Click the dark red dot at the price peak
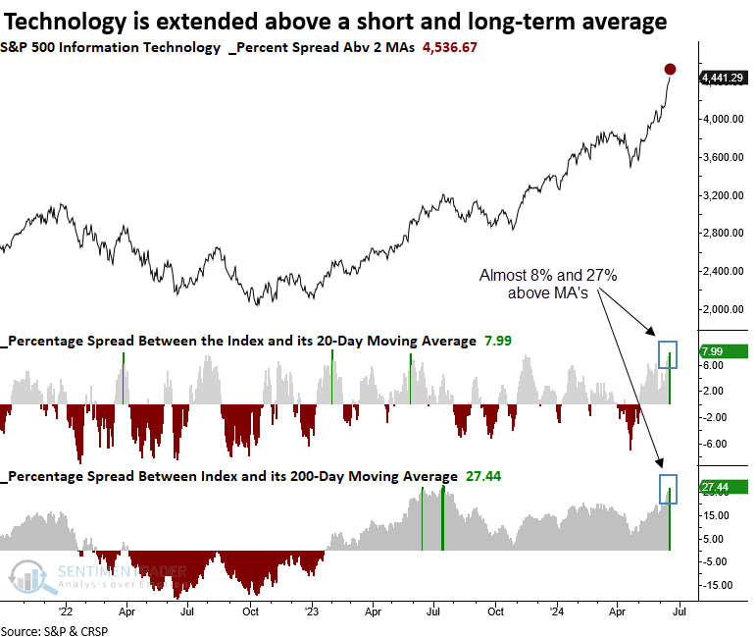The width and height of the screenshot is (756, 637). click(670, 69)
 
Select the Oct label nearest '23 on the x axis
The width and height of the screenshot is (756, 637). click(250, 609)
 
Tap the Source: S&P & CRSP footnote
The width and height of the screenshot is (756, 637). click(54, 629)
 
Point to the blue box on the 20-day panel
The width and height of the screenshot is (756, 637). click(668, 354)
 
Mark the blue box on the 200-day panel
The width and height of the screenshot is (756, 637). click(668, 490)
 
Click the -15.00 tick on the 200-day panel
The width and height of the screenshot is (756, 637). click(717, 585)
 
